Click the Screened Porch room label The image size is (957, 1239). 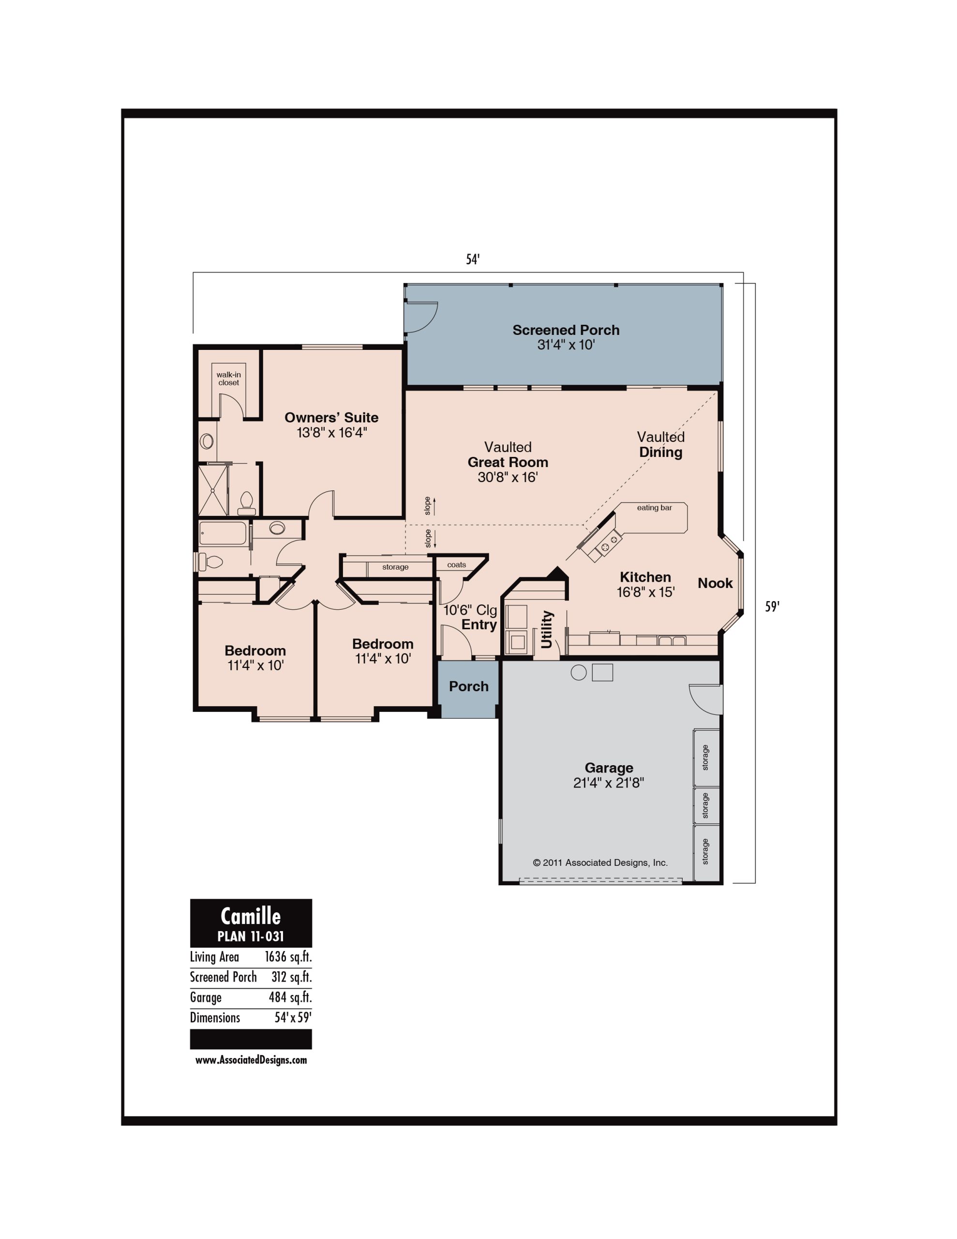[x=566, y=330]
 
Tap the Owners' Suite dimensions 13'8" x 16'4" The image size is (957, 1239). [x=332, y=433]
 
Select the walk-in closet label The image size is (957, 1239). [x=229, y=378]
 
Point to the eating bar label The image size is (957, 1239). [x=654, y=508]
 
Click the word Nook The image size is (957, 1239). [x=715, y=583]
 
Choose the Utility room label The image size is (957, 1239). [x=547, y=629]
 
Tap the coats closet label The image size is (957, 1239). [x=457, y=565]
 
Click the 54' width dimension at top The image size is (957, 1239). [x=473, y=259]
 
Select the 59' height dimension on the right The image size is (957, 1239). [x=772, y=606]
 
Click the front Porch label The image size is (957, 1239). [x=468, y=686]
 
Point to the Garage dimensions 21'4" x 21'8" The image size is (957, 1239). [x=609, y=783]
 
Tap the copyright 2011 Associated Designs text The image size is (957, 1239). [x=600, y=863]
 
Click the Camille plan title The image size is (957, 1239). [x=251, y=916]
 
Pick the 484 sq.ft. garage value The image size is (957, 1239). [x=290, y=997]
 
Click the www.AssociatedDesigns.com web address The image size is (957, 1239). [x=251, y=1060]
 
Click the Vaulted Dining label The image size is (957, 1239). [x=661, y=444]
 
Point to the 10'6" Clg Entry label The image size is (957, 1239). [x=470, y=617]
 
